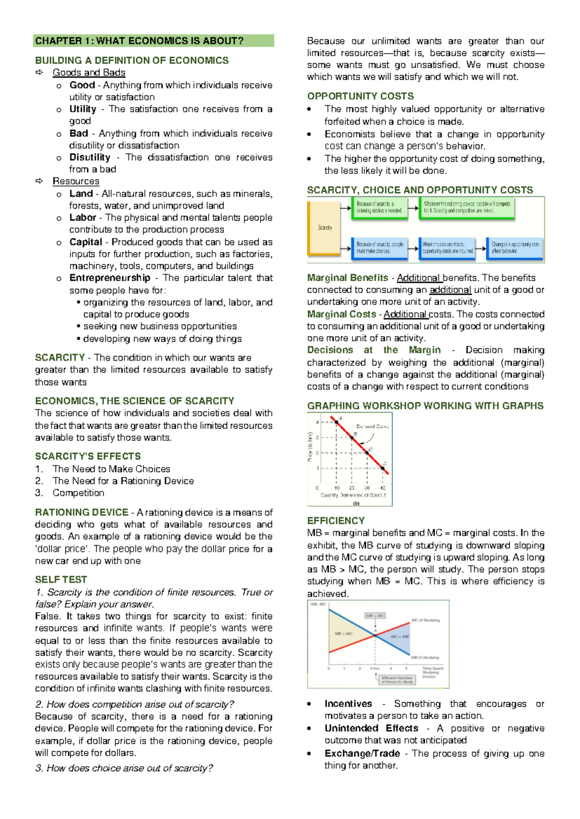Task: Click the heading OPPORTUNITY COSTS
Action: pyautogui.click(x=360, y=96)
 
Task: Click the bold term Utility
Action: pyautogui.click(x=83, y=109)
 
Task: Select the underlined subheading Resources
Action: pyautogui.click(x=76, y=181)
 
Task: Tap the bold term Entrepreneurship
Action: pyautogui.click(x=110, y=278)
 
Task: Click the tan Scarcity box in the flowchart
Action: pyautogui.click(x=324, y=227)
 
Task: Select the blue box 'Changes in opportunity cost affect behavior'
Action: pyautogui.click(x=515, y=248)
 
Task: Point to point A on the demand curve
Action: pyautogui.click(x=336, y=422)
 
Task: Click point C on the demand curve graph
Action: pyautogui.click(x=367, y=453)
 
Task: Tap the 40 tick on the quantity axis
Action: pyautogui.click(x=383, y=488)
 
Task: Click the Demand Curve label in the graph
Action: pyautogui.click(x=372, y=426)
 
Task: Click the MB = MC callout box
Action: pyautogui.click(x=375, y=616)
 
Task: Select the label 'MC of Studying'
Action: pyautogui.click(x=425, y=620)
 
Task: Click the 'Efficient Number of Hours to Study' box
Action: pyautogui.click(x=397, y=679)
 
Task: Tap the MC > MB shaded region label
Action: pyautogui.click(x=400, y=636)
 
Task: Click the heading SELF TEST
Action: pyautogui.click(x=61, y=579)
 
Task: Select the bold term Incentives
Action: pyautogui.click(x=348, y=704)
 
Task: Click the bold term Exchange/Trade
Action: pyautogui.click(x=362, y=753)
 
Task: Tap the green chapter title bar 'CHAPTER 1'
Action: pyautogui.click(x=153, y=41)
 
